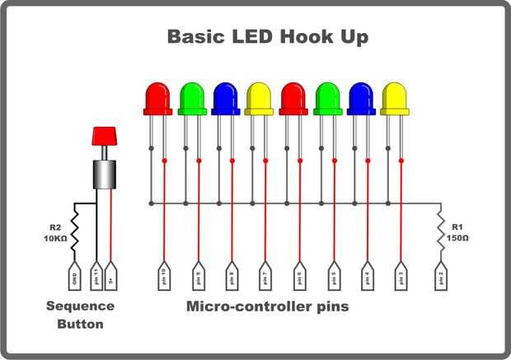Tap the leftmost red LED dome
click(157, 97)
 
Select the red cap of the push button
click(104, 135)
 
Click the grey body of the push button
click(104, 173)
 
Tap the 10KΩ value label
click(54, 238)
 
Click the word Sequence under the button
click(80, 306)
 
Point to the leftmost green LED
click(191, 97)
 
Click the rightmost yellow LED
click(394, 97)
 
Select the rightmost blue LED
click(360, 97)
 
